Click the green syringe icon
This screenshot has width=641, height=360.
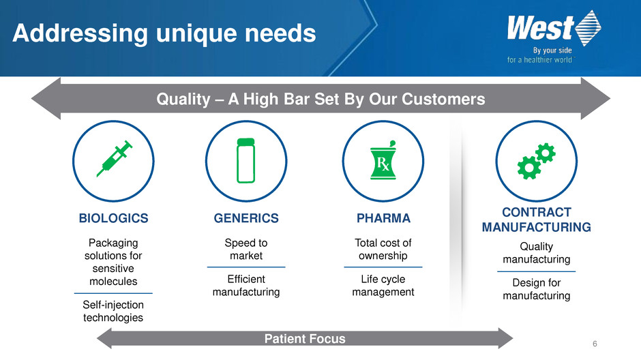click(x=114, y=159)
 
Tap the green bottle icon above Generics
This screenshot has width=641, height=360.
click(x=246, y=160)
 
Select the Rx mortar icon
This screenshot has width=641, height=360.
click(x=383, y=161)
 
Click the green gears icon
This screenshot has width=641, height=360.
click(x=537, y=161)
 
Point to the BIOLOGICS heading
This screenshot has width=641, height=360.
click(x=114, y=218)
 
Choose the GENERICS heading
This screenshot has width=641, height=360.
click(x=246, y=218)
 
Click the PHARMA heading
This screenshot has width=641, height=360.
click(x=383, y=218)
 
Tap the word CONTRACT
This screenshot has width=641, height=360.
click(x=537, y=213)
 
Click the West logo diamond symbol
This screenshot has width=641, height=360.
click(x=588, y=28)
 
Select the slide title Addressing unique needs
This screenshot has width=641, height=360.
click(x=164, y=33)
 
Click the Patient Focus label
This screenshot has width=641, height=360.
click(x=305, y=339)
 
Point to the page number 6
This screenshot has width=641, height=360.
click(x=595, y=344)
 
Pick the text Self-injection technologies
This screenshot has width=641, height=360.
click(x=113, y=311)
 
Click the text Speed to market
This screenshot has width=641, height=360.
click(x=246, y=249)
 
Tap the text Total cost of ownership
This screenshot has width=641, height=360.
click(x=383, y=249)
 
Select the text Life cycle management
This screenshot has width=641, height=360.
click(x=383, y=285)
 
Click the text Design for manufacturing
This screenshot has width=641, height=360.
click(x=537, y=289)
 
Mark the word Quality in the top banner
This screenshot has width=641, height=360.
click(x=183, y=100)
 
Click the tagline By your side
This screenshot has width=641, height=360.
click(x=552, y=50)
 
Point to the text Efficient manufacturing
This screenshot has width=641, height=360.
click(x=246, y=285)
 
